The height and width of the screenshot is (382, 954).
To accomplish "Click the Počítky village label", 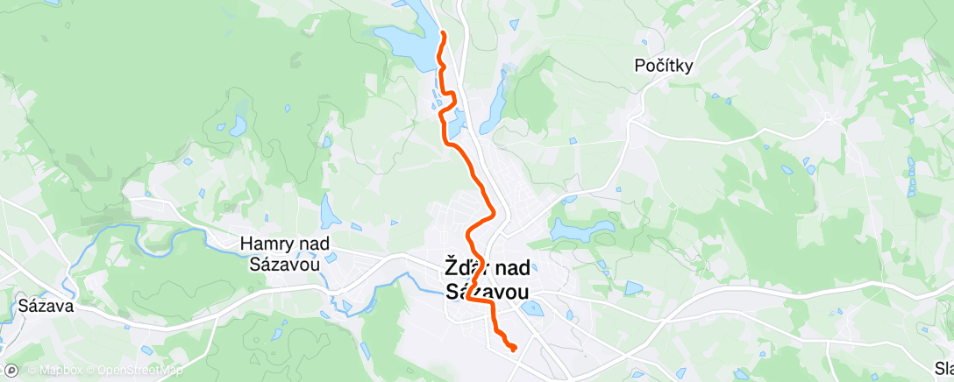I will [665, 65].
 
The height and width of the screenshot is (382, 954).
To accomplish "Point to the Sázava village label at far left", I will [46, 308].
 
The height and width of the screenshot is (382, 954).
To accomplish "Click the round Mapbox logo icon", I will [11, 371].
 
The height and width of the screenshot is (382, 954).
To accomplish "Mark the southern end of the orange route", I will [513, 349].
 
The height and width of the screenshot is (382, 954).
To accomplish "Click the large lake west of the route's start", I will [405, 49].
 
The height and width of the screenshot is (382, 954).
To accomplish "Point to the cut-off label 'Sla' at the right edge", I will [943, 369].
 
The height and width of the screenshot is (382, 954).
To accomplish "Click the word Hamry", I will [265, 244].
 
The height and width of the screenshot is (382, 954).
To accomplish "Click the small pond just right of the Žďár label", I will [530, 308].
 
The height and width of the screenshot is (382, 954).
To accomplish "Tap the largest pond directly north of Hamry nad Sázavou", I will [331, 211].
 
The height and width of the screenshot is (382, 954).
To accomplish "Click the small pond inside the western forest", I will [238, 126].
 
